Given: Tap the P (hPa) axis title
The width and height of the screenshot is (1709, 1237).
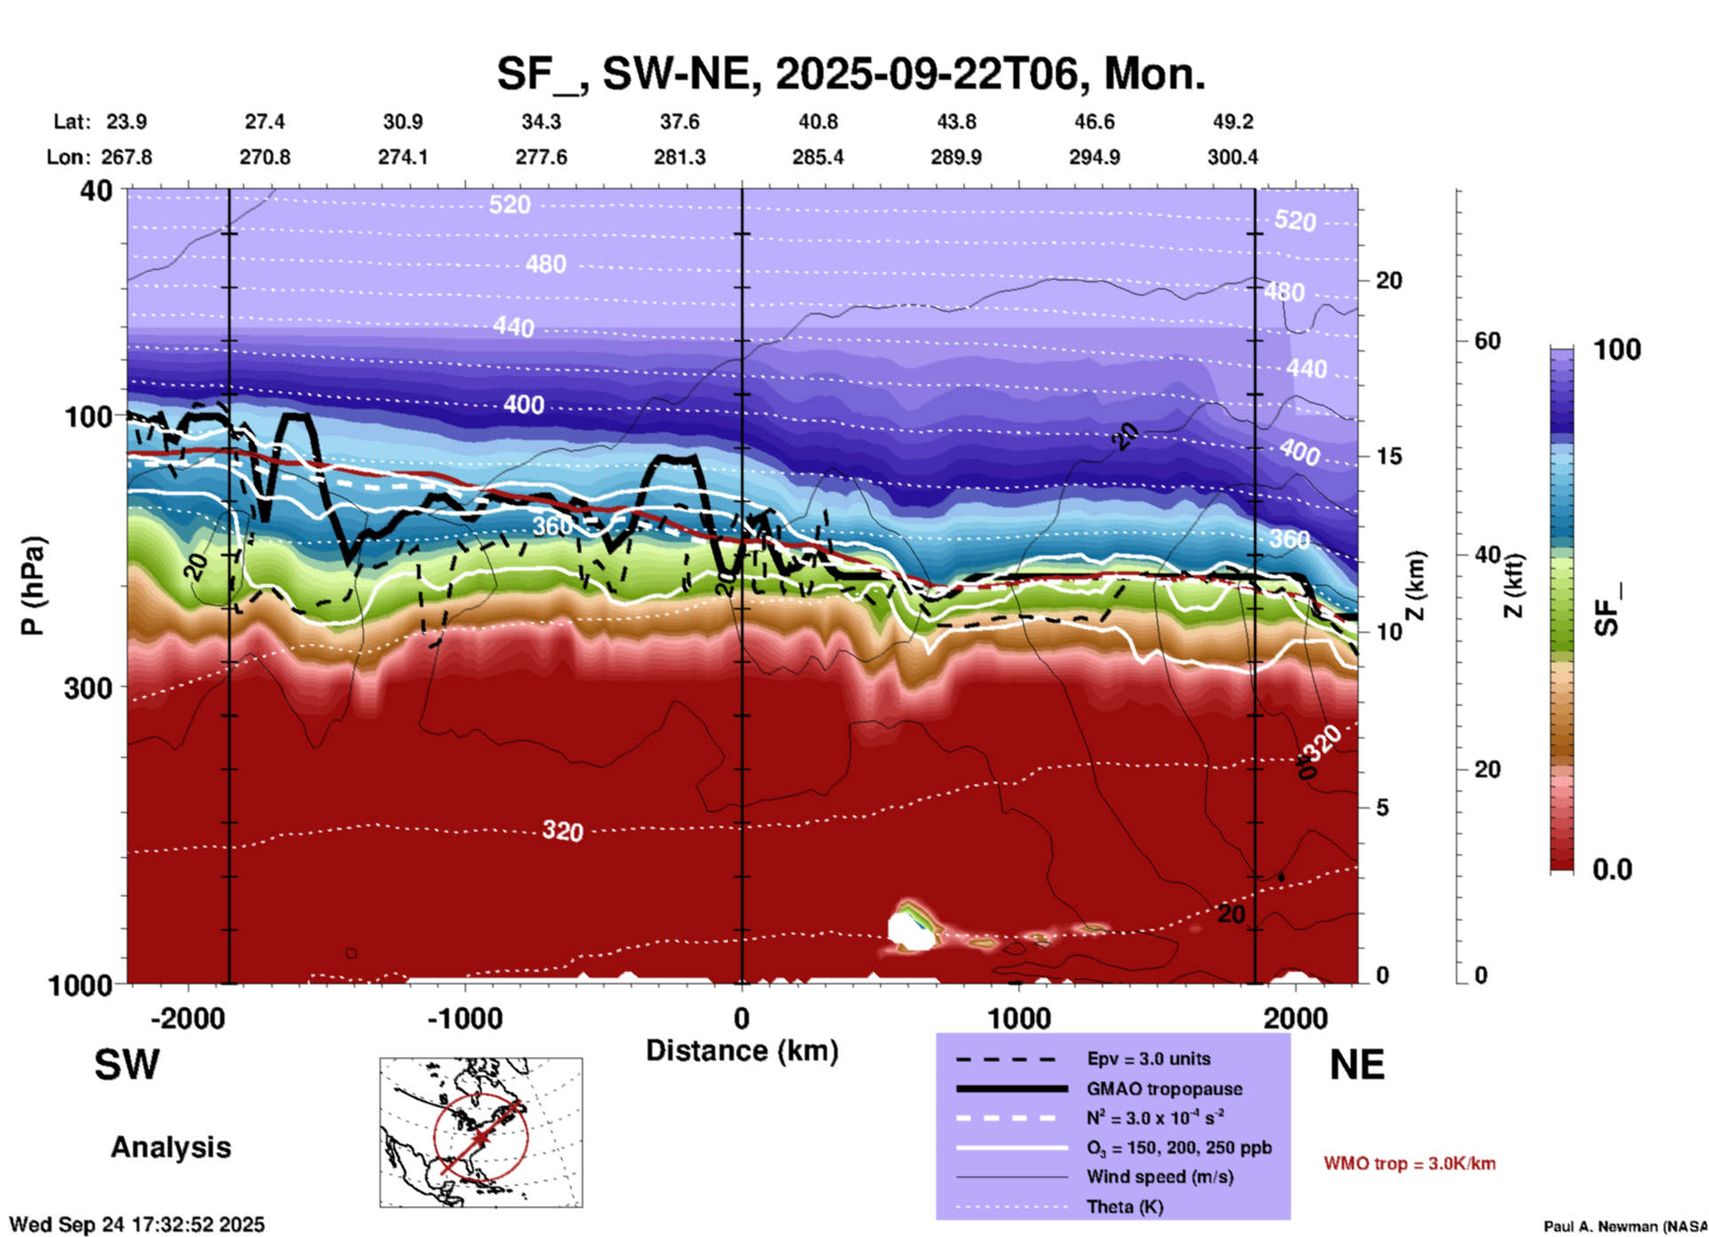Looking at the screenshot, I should (33, 586).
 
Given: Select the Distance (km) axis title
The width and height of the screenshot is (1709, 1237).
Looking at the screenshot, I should (742, 1051).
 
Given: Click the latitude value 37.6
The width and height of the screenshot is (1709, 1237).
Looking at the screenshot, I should (680, 122).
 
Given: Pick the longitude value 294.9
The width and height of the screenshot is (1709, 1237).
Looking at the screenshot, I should (1094, 157).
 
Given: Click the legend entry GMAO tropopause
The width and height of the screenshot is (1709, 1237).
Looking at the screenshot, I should (1164, 1089).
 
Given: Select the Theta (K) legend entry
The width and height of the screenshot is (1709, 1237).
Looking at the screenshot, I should (1125, 1207).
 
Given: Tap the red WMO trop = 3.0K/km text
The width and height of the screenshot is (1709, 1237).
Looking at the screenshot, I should (1409, 1163).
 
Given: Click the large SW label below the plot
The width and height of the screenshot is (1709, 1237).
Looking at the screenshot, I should (127, 1065).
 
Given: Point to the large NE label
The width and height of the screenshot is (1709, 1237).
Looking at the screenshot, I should (1357, 1065).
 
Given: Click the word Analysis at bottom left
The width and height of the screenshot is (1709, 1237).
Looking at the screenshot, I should (170, 1147).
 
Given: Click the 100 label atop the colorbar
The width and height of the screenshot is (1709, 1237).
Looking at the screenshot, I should (1617, 350).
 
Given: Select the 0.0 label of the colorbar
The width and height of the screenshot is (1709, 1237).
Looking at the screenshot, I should (1611, 870).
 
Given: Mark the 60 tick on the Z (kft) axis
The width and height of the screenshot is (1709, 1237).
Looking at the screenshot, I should (1487, 341).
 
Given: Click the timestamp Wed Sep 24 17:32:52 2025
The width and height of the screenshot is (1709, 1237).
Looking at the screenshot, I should (137, 1225).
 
